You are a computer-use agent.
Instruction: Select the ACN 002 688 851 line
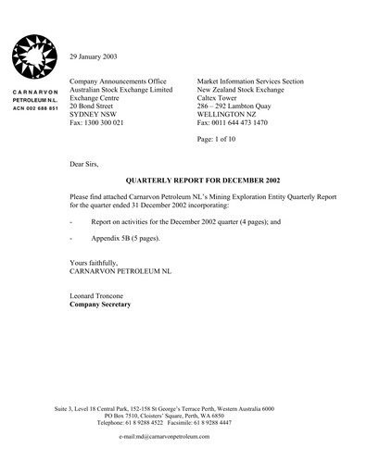click(x=34, y=108)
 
